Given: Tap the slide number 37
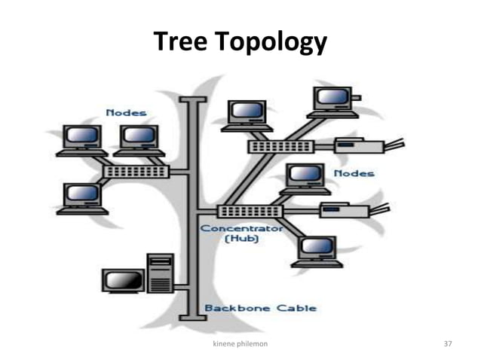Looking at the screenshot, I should coord(448,343).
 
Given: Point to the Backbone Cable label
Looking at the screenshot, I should coord(260,307).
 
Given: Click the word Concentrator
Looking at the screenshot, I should coord(241,227).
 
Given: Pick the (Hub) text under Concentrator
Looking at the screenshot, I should coord(241,239).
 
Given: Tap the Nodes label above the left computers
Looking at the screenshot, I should coord(126,113).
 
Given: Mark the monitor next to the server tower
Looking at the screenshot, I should coord(122,282).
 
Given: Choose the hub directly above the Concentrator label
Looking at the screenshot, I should coord(249,212).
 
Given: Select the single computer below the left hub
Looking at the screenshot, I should coord(81,198).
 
